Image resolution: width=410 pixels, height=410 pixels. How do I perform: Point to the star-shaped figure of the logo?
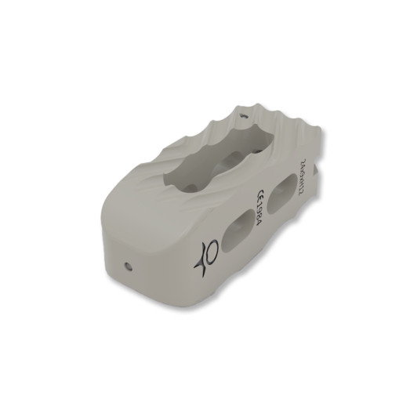click(x=205, y=259)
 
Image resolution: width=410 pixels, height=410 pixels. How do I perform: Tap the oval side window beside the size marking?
click(x=281, y=199)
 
